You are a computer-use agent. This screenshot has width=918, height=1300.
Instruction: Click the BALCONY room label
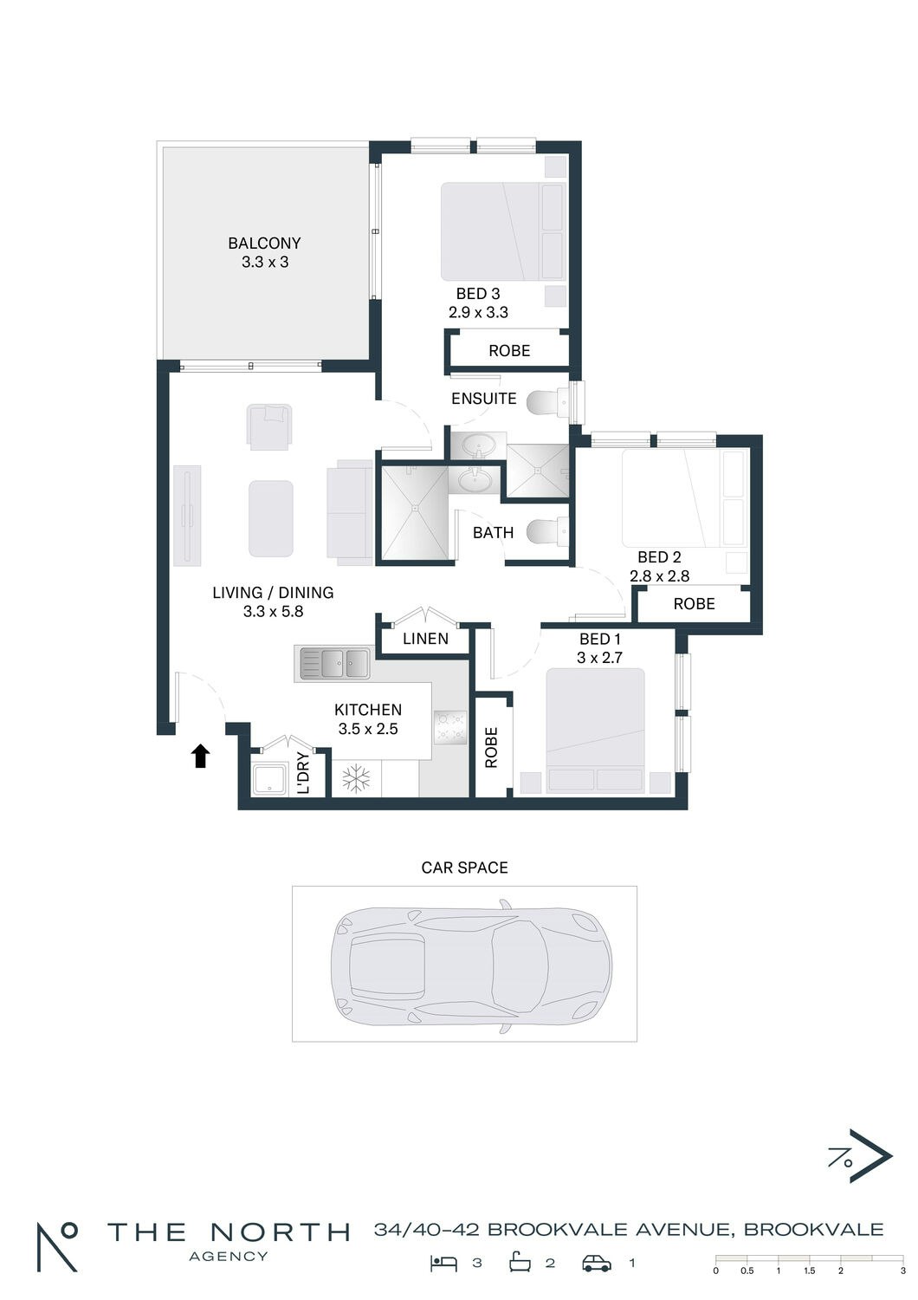[x=264, y=243]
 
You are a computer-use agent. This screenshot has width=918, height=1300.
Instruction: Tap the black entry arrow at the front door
[x=201, y=757]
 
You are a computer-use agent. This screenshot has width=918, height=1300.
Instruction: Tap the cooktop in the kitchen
[x=450, y=727]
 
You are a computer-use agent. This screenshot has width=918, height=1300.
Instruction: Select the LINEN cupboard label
[x=425, y=639]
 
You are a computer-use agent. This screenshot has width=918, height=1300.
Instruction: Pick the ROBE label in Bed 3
[x=509, y=350]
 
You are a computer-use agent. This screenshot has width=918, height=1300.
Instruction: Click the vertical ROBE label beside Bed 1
[x=491, y=747]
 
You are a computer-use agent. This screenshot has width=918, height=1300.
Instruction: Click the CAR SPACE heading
[x=464, y=868]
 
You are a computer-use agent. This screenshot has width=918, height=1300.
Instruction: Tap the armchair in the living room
[x=269, y=426]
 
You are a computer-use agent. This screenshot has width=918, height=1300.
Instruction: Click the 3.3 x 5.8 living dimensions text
[x=273, y=611]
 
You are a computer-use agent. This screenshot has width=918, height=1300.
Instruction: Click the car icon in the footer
[x=598, y=1264]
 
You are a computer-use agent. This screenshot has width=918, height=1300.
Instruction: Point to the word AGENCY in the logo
[x=229, y=1257]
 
